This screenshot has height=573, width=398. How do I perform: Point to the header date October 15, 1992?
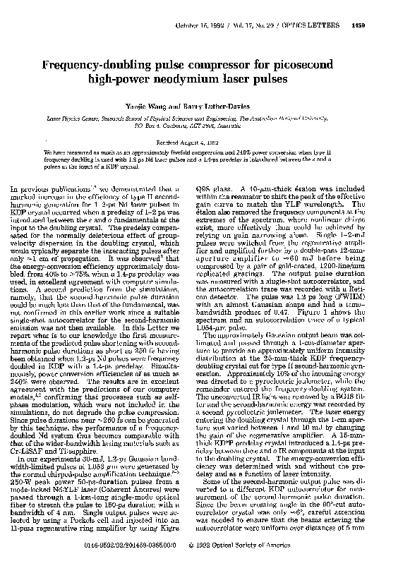coord(199,27)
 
